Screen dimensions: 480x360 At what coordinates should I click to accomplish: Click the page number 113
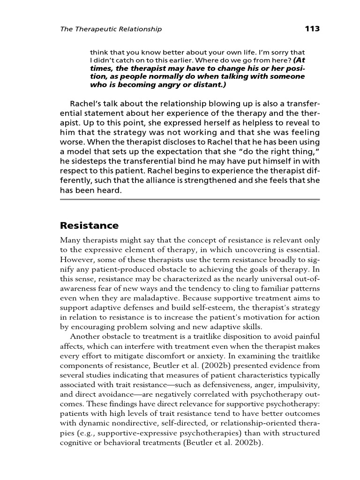pos(312,29)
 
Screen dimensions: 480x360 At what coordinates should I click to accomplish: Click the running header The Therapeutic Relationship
pos(111,29)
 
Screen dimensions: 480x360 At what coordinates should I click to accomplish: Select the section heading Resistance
pos(90,225)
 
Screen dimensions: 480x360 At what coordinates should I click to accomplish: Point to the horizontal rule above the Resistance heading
pos(190,200)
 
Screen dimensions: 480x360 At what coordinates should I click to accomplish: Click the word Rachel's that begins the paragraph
pos(84,103)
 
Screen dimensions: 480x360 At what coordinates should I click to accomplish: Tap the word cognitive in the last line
pos(77,444)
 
